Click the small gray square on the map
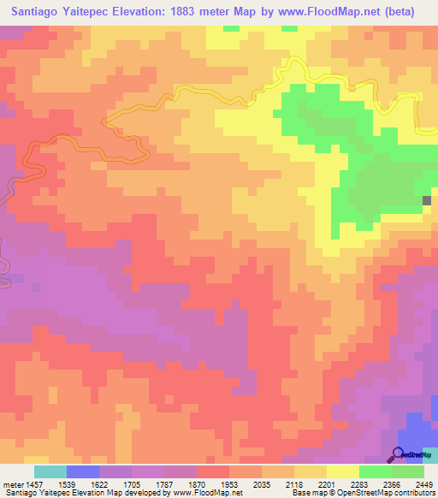[x=427, y=201]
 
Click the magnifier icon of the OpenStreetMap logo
[x=398, y=454]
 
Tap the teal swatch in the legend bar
[x=50, y=472]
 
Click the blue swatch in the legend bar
[x=83, y=472]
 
